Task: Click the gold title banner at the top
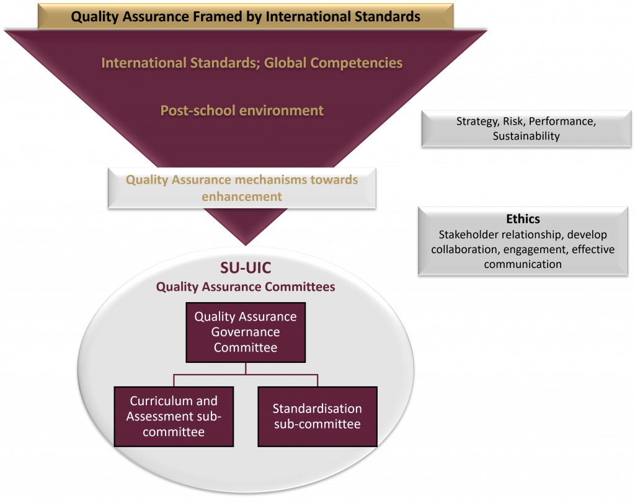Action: [x=246, y=16]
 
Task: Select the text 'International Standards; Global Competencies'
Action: [x=252, y=63]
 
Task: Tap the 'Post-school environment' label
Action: [x=242, y=110]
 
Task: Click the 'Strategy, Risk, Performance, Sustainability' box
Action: [x=526, y=128]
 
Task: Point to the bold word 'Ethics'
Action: [x=523, y=219]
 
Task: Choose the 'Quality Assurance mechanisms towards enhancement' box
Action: [x=242, y=187]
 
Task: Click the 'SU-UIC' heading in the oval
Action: [x=246, y=268]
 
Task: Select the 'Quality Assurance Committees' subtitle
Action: [x=246, y=287]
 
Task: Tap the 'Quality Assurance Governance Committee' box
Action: [x=246, y=332]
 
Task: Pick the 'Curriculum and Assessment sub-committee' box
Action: [x=174, y=416]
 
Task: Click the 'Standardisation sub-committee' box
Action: [x=317, y=416]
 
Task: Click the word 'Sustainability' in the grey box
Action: [x=526, y=136]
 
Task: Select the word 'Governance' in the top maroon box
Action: [x=246, y=332]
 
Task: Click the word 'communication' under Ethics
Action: [x=523, y=264]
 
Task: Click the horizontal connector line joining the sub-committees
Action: [x=246, y=374]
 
